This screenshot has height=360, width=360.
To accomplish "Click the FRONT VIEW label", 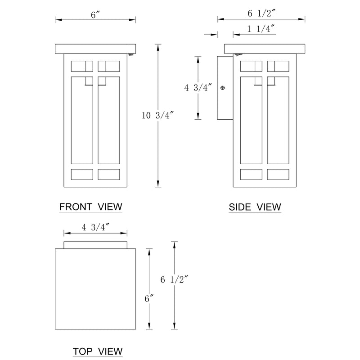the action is click(x=91, y=207).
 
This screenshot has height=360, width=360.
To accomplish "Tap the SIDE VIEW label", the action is click(x=255, y=207).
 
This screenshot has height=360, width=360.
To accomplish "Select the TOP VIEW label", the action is click(x=98, y=351).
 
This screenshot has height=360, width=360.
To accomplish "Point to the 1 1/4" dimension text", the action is click(x=261, y=29).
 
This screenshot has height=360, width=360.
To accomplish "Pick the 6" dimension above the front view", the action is click(x=95, y=15).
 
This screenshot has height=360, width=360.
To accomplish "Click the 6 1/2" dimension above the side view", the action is click(x=261, y=13).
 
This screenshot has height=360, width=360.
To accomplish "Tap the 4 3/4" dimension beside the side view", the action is click(x=198, y=87).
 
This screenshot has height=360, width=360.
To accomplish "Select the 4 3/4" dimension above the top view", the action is click(x=95, y=227).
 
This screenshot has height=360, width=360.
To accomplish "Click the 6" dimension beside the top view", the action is click(x=149, y=299).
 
